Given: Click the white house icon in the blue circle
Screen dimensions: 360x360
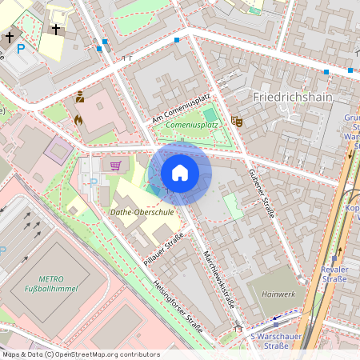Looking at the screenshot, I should coord(180,173).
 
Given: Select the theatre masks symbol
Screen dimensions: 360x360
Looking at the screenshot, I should coord(236,121).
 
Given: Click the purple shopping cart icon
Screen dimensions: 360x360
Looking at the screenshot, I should coord(116,166).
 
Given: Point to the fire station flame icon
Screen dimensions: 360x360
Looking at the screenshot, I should coord(78,120).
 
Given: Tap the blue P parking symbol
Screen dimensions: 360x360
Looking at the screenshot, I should coord(22,49).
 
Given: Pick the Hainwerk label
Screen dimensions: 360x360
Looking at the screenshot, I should coord(279,294).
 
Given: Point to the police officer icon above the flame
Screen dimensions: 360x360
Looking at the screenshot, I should coord(79,99).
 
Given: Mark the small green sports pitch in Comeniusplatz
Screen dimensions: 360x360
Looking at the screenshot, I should coord(210,115).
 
